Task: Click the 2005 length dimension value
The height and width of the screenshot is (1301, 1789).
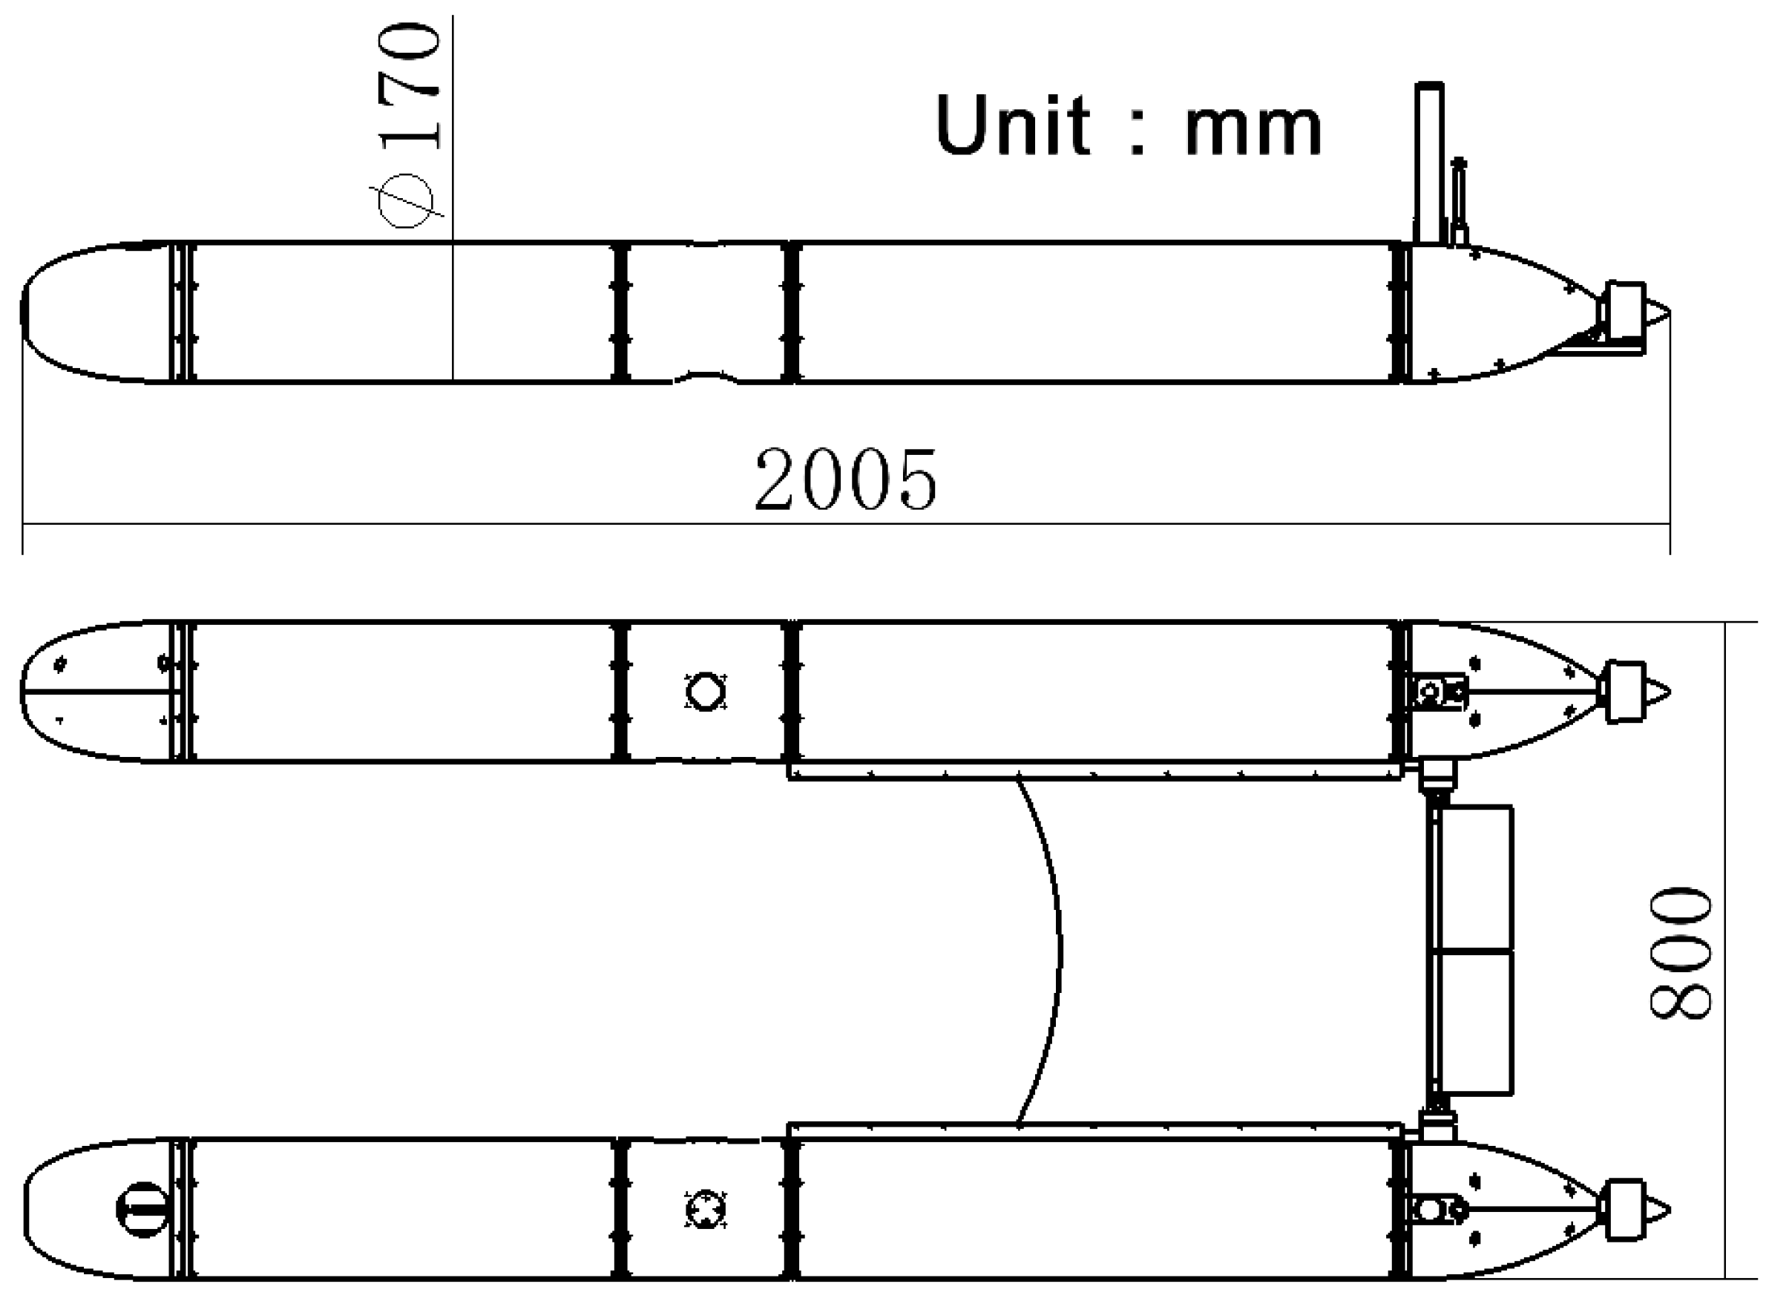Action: point(846,479)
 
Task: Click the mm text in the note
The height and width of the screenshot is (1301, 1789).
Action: point(1253,128)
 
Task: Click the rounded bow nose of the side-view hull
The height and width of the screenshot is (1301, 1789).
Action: point(32,312)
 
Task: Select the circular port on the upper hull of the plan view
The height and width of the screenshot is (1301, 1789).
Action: point(705,692)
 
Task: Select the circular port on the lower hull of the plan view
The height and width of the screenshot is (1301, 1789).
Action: point(705,1210)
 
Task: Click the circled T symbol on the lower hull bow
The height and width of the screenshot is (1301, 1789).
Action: point(142,1209)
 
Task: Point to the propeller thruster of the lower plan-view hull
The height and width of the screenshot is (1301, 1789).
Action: point(1625,1210)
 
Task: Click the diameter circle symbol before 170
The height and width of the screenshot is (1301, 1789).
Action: point(405,200)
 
